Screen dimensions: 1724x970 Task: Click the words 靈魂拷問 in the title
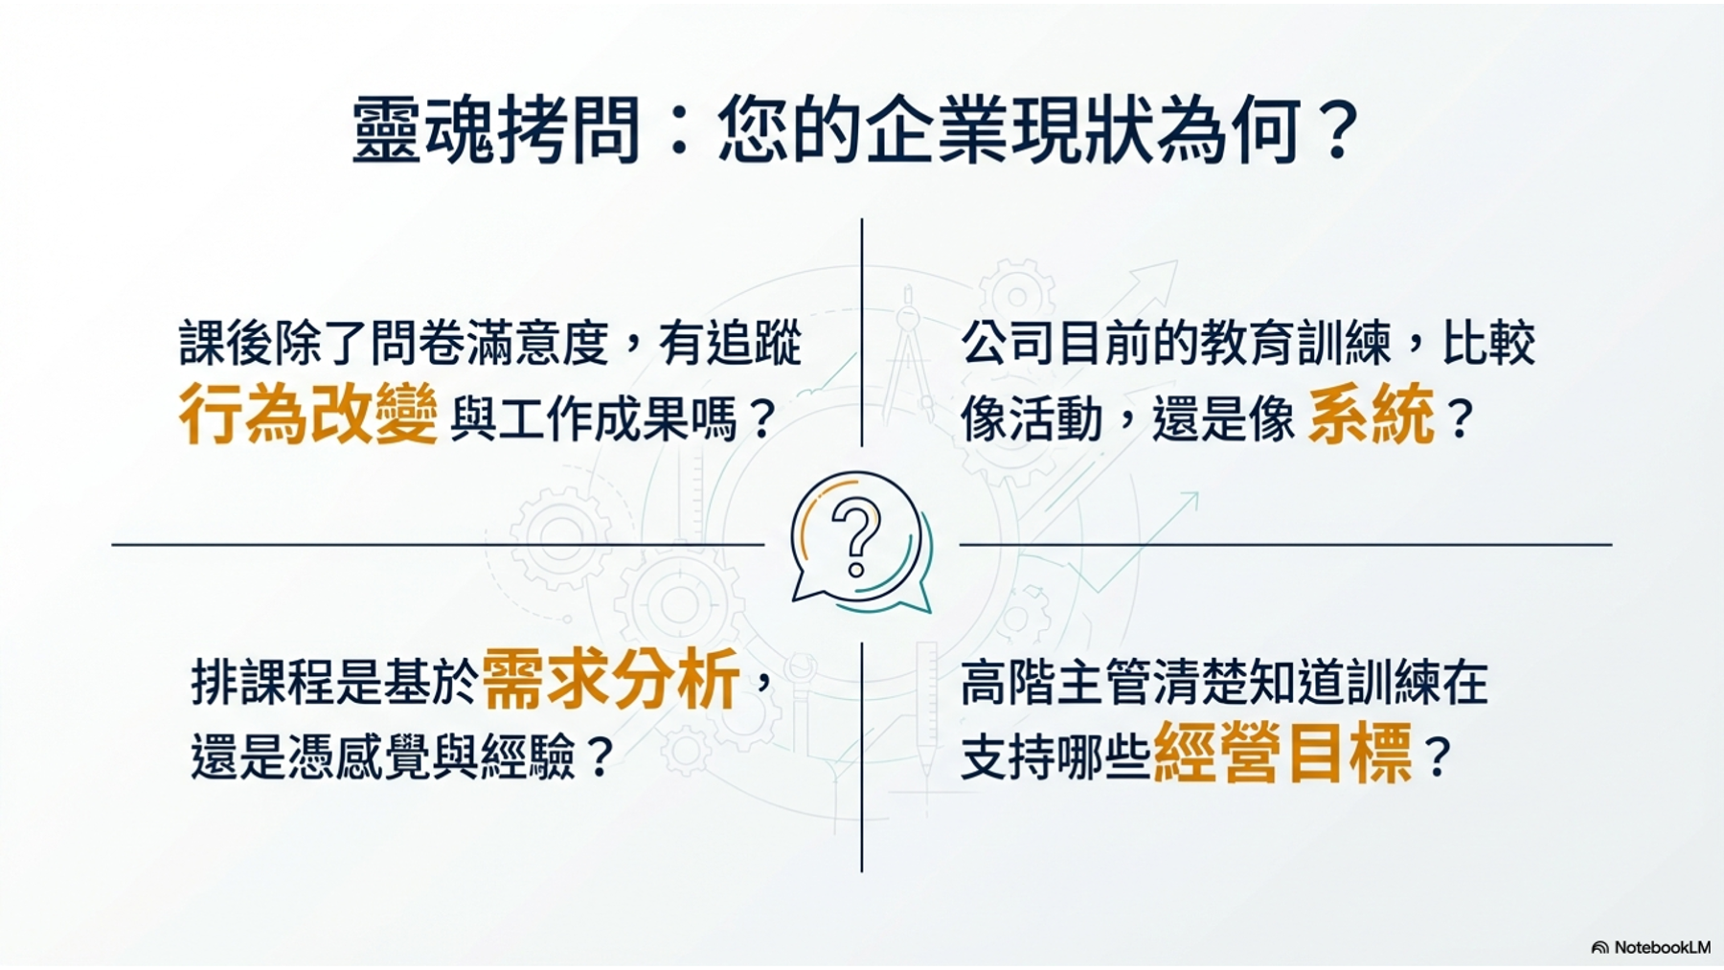[496, 130]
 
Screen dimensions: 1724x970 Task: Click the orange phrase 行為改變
[308, 414]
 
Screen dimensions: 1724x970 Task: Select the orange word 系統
[1372, 414]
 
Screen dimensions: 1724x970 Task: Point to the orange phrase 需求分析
[610, 678]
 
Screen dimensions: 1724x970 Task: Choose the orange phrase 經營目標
[1283, 754]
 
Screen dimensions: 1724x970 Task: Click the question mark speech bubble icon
[860, 542]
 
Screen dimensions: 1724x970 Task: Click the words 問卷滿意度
[489, 343]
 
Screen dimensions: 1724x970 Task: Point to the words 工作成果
[594, 419]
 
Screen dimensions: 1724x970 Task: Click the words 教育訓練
[1296, 343]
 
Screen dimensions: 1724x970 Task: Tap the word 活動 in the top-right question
[1056, 419]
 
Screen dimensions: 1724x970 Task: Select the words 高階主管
[1055, 682]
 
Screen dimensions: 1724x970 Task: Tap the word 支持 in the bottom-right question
[1008, 757]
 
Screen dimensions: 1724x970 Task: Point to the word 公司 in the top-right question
[1009, 343]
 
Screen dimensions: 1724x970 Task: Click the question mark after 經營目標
[1439, 757]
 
